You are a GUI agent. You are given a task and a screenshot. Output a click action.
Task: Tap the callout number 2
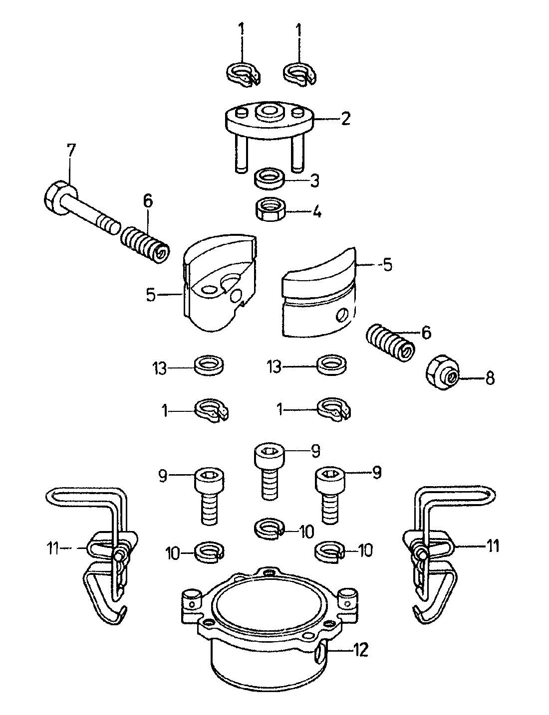pyautogui.click(x=345, y=119)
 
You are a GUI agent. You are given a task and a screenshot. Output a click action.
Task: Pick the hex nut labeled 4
pyautogui.click(x=270, y=211)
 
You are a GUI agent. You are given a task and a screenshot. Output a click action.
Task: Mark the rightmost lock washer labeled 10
pyautogui.click(x=329, y=550)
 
